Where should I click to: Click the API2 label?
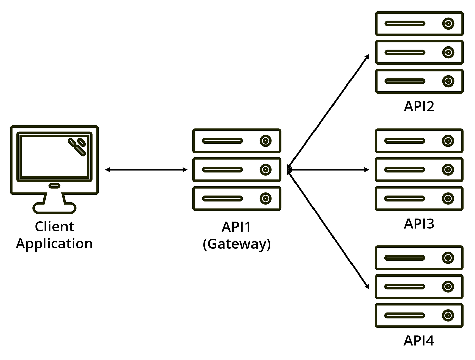419,107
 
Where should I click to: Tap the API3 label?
419,224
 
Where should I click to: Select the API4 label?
419,341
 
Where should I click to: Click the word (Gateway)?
236,244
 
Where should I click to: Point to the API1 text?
236,227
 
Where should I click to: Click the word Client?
54,227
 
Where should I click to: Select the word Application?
54,244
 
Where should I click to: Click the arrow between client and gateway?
146,170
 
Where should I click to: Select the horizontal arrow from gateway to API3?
328,170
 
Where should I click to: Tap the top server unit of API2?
419,24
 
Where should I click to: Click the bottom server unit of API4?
419,316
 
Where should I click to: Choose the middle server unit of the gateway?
236,170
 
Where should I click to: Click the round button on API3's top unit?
448,141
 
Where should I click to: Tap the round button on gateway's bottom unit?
265,198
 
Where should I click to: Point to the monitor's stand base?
54,208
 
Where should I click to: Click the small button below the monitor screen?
54,186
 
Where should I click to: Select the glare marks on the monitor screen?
77,147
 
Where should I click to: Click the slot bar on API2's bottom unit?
405,81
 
